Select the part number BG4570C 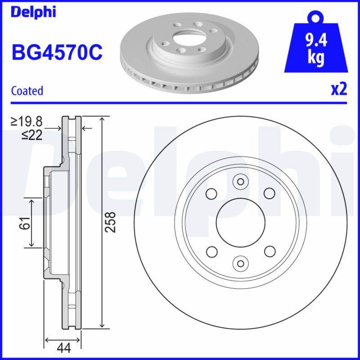point(57,53)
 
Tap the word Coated point(27,90)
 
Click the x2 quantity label point(339,90)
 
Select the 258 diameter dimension point(110,222)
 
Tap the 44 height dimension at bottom point(63,347)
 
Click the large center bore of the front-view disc point(239,222)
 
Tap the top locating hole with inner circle point(239,182)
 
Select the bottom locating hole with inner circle point(239,263)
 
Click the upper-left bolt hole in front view point(210,193)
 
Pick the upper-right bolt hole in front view point(269,193)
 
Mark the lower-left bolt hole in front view point(210,251)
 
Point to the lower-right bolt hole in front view point(269,251)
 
